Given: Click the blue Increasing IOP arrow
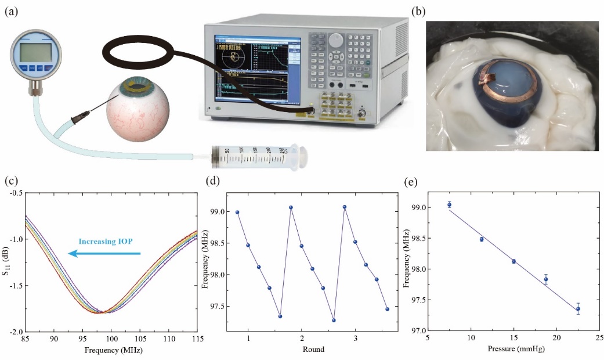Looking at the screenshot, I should [104, 253].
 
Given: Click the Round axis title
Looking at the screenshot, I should [313, 350].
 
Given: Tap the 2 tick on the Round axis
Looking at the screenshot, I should [302, 338].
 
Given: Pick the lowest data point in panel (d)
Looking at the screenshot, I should [334, 320].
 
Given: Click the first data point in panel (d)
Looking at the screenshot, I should [237, 213].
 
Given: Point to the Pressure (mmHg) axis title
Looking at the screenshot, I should [512, 351].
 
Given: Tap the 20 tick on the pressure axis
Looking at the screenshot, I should [556, 338].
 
